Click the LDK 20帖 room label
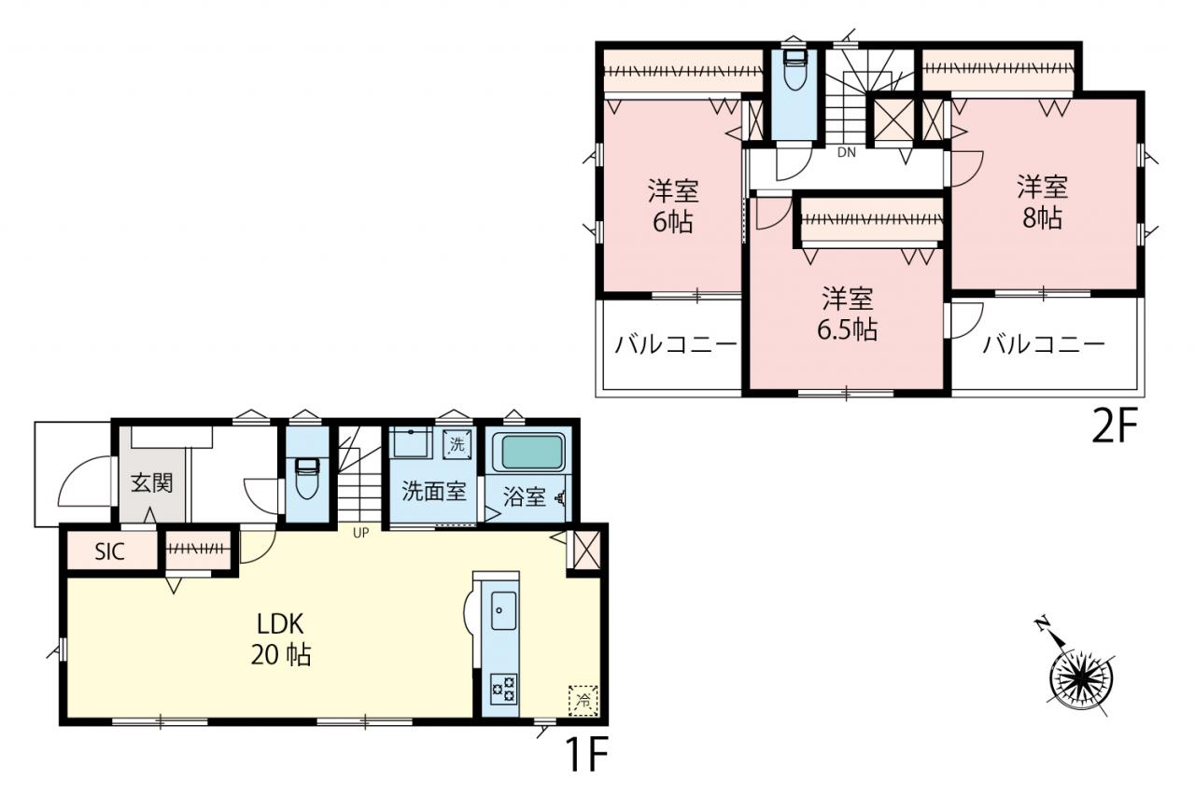tap(281, 638)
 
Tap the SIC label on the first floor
tap(110, 552)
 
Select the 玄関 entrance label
tap(152, 483)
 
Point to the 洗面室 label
tap(434, 491)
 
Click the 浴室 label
tap(525, 496)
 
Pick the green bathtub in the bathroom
tap(528, 452)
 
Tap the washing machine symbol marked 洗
tap(457, 443)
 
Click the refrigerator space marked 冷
tap(583, 700)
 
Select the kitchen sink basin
tap(503, 610)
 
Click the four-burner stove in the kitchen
tap(503, 689)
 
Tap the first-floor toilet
tap(307, 478)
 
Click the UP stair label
tap(360, 533)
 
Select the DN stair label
tap(846, 152)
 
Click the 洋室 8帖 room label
tap(1043, 202)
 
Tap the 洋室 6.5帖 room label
tap(847, 314)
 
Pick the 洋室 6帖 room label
tap(673, 206)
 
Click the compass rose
tap(1082, 678)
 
